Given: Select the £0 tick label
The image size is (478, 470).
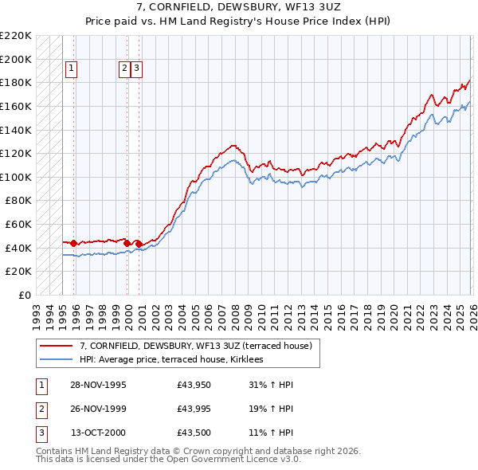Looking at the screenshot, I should pos(25,296).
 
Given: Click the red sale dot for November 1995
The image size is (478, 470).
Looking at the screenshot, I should pos(74,243).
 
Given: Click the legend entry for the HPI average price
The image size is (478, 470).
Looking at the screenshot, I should pos(176,359).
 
